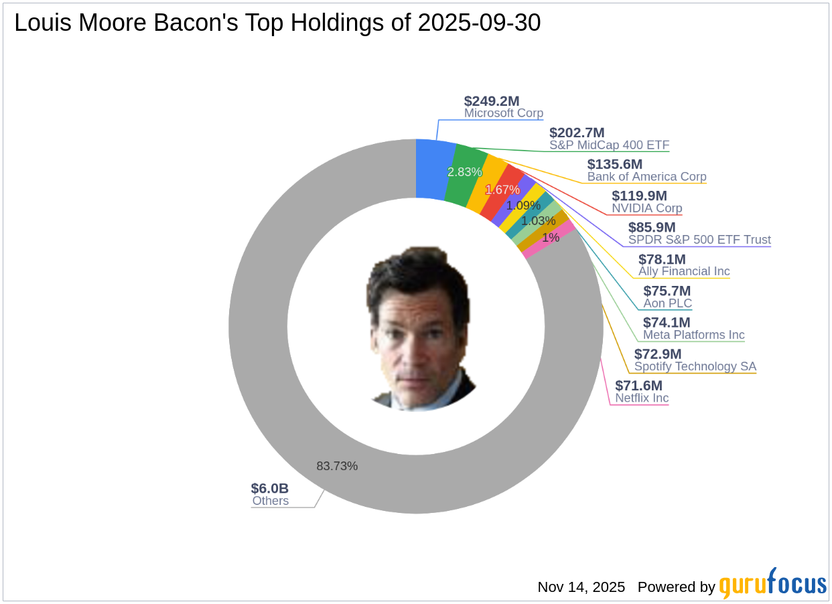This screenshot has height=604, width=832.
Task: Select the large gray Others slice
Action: (281, 402)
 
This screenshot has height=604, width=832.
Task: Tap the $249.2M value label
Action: (492, 101)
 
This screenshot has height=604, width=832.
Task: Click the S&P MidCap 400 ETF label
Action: (609, 145)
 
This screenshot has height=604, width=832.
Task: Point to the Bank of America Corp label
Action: (646, 177)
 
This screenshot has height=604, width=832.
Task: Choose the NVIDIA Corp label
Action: (646, 208)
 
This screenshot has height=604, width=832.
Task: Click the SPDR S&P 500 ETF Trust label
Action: (699, 240)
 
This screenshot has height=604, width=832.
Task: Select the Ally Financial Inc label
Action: (684, 271)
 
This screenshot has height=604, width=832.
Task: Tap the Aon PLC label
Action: (667, 303)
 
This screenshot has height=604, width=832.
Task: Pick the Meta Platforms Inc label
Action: (693, 335)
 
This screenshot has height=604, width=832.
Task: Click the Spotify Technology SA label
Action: (695, 366)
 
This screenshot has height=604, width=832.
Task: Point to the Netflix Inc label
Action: (642, 398)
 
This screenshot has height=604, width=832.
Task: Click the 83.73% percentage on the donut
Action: (337, 466)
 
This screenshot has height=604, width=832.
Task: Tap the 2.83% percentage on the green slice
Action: (464, 172)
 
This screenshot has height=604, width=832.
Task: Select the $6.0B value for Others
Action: (270, 488)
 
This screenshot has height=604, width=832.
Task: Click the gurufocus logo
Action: (772, 585)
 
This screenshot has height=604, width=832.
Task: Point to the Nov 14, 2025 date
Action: (581, 587)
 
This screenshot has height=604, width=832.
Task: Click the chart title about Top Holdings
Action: (277, 23)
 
